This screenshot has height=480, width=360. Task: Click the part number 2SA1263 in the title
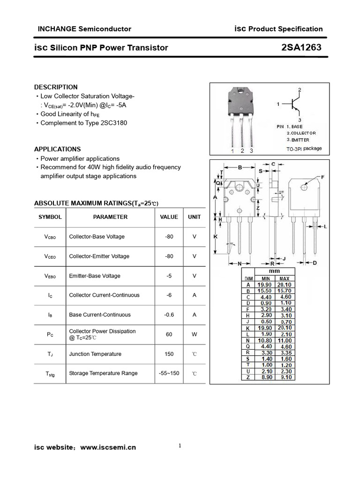[301, 47]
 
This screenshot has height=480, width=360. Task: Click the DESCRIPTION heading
[56, 87]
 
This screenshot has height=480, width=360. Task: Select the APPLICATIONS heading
[57, 149]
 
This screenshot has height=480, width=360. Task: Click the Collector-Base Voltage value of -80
[169, 237]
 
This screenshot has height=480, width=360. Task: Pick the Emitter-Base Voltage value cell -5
[169, 276]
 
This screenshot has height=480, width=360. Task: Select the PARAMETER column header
[110, 217]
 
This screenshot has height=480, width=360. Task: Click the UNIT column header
[194, 217]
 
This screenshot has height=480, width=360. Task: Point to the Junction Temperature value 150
[169, 354]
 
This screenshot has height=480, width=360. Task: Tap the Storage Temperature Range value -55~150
[169, 373]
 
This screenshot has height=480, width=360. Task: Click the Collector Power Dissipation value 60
[169, 334]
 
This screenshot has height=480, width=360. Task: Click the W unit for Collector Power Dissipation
[194, 334]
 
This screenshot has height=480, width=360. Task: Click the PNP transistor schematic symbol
[295, 104]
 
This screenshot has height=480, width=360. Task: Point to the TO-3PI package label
[304, 149]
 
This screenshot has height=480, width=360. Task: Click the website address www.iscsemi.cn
[108, 447]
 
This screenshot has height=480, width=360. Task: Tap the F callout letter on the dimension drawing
[322, 177]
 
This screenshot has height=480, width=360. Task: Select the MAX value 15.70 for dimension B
[285, 291]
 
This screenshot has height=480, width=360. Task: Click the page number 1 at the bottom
[180, 446]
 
